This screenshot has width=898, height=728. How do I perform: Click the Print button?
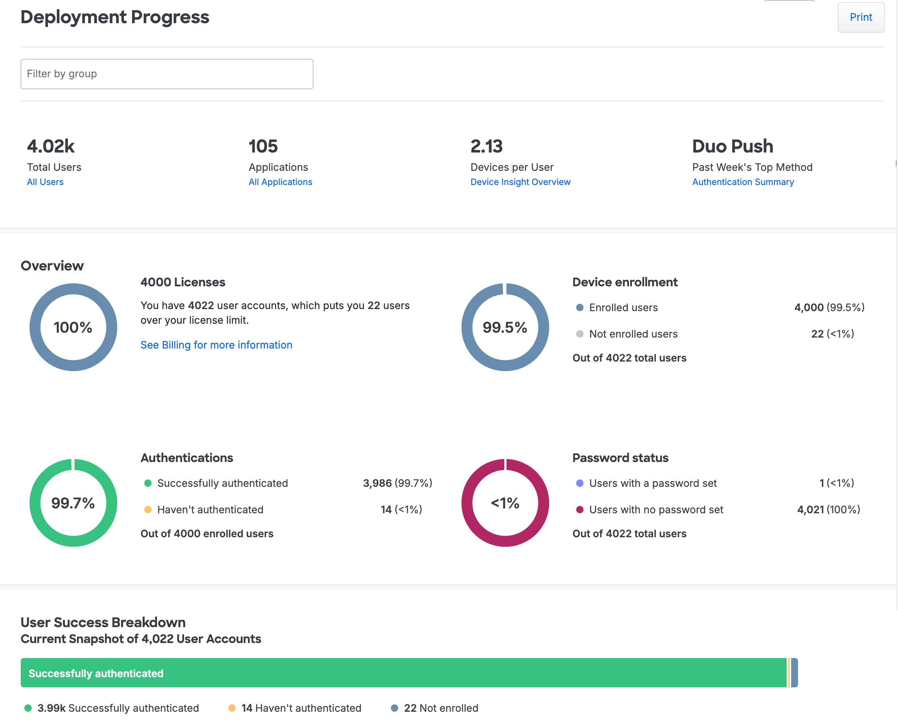click(860, 17)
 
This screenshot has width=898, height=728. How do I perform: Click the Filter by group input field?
click(167, 74)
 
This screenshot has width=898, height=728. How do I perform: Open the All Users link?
click(45, 182)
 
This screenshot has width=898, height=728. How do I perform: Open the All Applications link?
click(280, 182)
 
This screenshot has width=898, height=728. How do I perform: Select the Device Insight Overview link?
click(520, 182)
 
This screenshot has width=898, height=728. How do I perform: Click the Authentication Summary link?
click(742, 182)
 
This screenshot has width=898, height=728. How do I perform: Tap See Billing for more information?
click(216, 345)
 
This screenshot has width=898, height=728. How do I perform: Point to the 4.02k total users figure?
click(51, 146)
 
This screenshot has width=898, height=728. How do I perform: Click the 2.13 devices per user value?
click(486, 146)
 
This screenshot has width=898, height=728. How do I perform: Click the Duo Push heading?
click(732, 146)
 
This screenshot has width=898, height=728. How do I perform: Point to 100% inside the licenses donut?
click(73, 327)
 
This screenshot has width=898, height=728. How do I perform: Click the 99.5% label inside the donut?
click(505, 327)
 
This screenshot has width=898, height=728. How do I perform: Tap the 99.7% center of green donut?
click(73, 503)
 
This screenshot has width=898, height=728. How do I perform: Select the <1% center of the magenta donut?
click(505, 503)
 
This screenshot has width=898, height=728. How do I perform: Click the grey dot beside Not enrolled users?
click(579, 334)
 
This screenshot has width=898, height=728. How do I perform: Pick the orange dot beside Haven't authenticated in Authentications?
click(147, 510)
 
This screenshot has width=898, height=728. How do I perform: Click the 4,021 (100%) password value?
click(828, 510)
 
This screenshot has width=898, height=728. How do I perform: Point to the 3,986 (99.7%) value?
click(397, 483)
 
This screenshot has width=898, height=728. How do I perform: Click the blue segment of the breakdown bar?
click(794, 673)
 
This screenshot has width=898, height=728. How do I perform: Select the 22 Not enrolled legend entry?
click(440, 708)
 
